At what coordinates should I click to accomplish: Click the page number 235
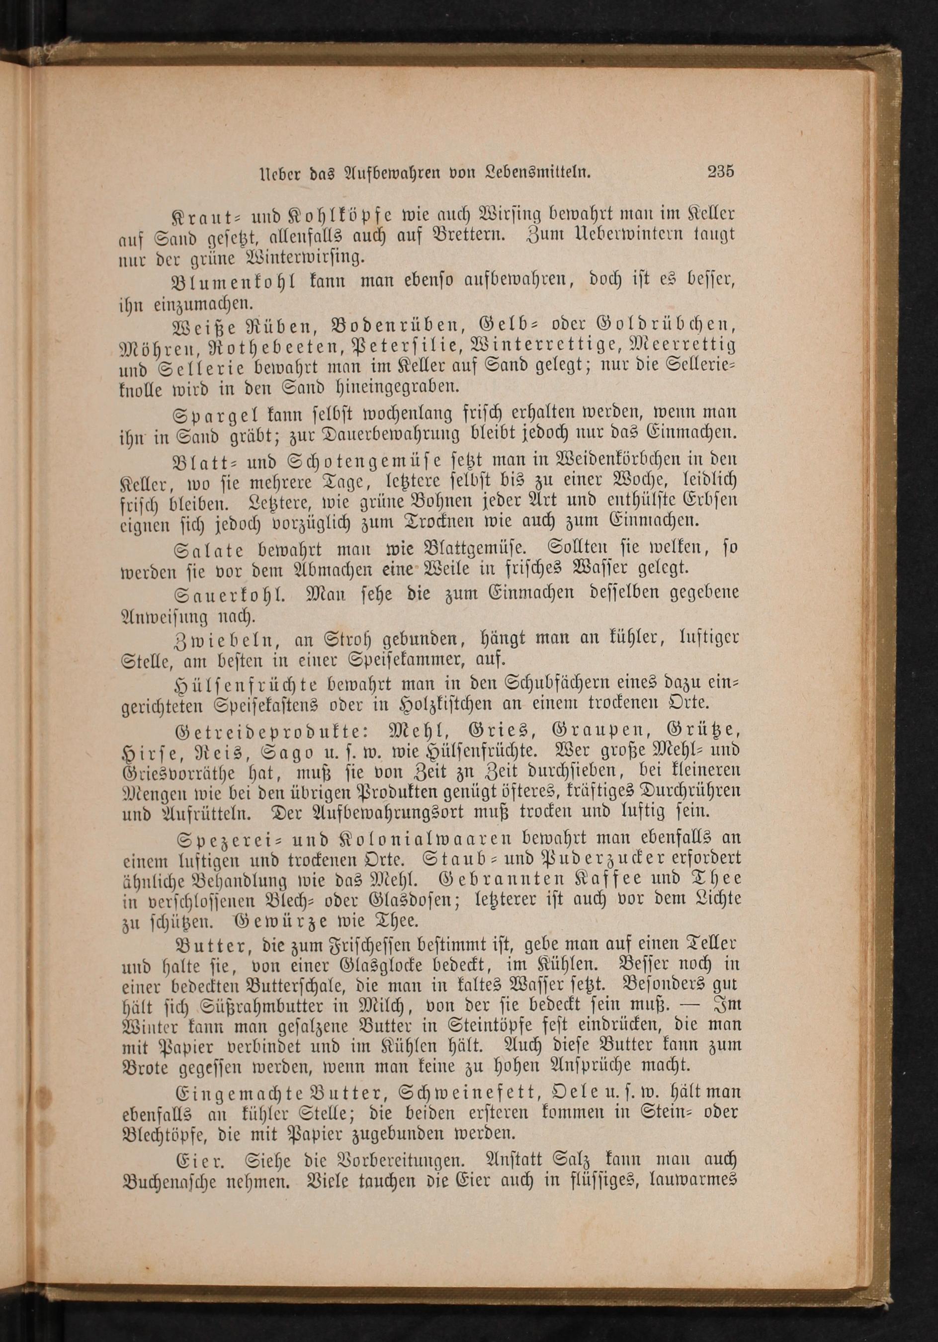[x=720, y=172]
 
